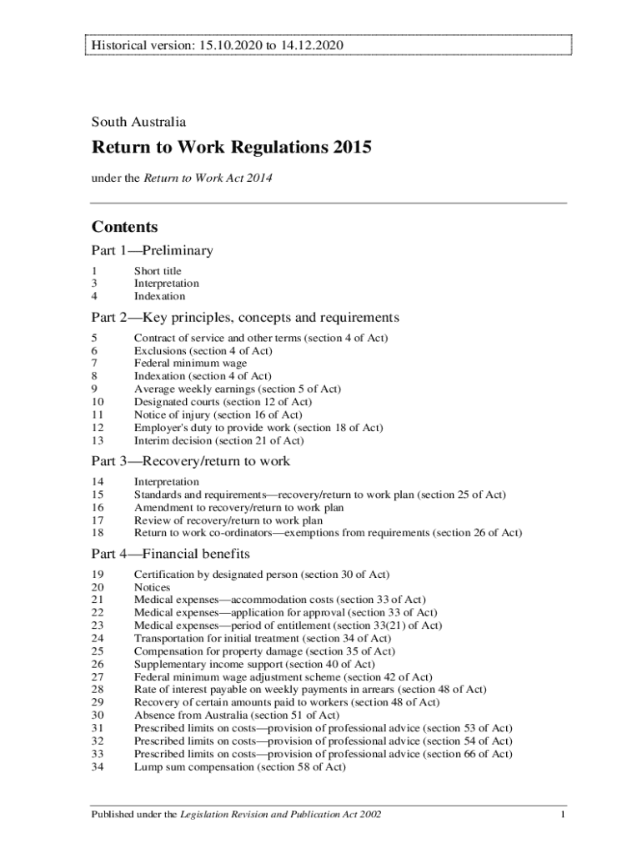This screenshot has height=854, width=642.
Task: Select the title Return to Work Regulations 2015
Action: [231, 148]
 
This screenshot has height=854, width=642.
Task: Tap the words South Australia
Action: [139, 122]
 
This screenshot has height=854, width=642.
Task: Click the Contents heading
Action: [125, 227]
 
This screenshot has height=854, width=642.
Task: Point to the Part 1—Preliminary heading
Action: [153, 250]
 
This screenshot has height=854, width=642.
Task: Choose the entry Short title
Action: [158, 271]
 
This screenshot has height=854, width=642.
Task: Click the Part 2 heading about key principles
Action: [245, 318]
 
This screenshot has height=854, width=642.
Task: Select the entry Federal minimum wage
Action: [190, 364]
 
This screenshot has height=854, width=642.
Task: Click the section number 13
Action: [98, 440]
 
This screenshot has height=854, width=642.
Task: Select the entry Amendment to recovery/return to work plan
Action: [238, 507]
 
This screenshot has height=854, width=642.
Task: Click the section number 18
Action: [98, 533]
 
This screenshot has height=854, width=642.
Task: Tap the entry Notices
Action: [153, 587]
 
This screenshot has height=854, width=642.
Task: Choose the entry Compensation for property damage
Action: [264, 651]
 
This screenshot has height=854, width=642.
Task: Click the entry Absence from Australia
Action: [236, 715]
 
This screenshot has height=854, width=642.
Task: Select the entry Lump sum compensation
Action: [239, 766]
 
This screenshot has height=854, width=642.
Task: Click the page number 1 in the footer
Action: [564, 814]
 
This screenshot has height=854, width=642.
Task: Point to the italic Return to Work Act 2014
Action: [208, 178]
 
